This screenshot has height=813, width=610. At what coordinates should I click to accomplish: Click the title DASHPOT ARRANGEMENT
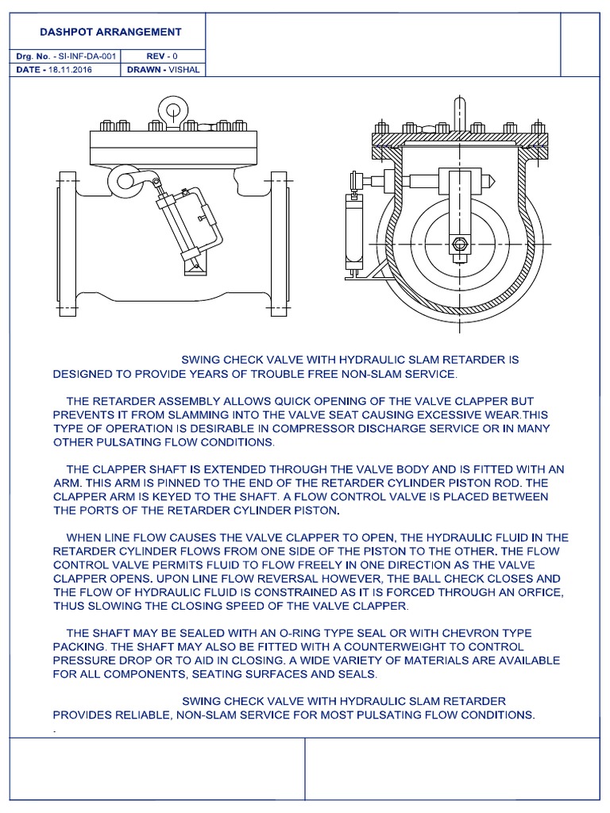[110, 33]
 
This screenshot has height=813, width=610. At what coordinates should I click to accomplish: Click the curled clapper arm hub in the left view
[125, 179]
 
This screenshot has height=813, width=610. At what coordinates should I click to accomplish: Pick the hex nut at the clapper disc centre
[460, 245]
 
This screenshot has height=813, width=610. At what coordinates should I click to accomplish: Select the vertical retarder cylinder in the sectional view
[351, 231]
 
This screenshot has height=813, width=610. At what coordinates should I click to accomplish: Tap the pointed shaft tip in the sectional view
[495, 181]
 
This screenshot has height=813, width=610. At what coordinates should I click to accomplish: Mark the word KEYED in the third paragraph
[175, 497]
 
